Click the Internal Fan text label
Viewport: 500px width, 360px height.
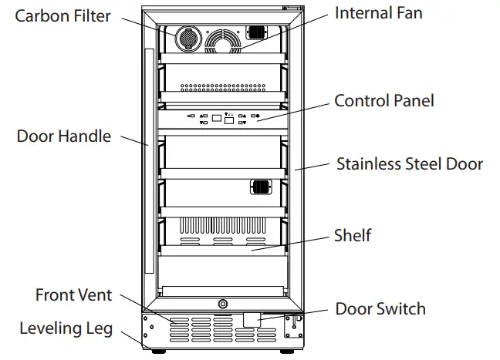[x=378, y=13]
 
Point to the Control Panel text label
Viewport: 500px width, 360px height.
[x=383, y=100]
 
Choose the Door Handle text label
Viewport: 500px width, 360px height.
[x=63, y=136]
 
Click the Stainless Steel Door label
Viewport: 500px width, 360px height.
[x=410, y=163]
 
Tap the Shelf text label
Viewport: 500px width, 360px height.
[x=353, y=235]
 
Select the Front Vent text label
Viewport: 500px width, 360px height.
[x=73, y=294]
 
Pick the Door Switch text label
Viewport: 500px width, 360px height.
[x=380, y=309]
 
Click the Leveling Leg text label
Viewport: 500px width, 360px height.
[x=66, y=328]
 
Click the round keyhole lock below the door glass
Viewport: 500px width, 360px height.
[x=222, y=304]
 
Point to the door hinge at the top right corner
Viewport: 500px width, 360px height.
[x=291, y=8]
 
